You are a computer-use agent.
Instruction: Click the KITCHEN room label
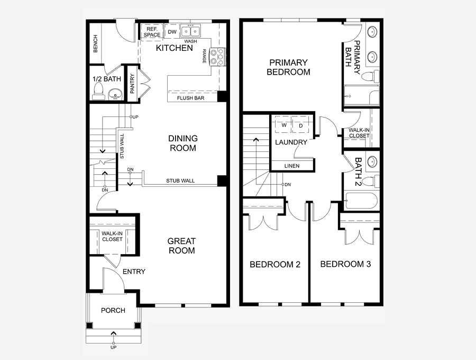[x=174, y=48]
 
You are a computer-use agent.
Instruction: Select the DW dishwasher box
[x=172, y=32]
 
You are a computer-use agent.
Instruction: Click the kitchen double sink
[x=190, y=31]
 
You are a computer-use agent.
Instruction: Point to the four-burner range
[x=218, y=57]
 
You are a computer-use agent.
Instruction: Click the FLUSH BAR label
[x=190, y=98]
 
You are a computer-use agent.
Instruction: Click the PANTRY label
[x=132, y=83]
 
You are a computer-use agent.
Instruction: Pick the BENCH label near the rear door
[x=96, y=44]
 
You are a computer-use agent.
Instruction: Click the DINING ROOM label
[x=183, y=143]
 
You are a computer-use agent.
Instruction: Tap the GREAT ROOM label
[x=181, y=246]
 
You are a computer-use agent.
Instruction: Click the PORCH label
[x=113, y=310]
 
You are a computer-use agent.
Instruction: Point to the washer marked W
[x=283, y=125]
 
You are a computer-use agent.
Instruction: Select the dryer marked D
[x=301, y=125]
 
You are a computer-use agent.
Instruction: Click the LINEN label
[x=292, y=166]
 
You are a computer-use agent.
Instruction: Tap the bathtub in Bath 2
[x=361, y=201]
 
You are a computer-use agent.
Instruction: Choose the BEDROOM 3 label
[x=345, y=264]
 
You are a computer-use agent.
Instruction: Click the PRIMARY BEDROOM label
[x=288, y=67]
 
